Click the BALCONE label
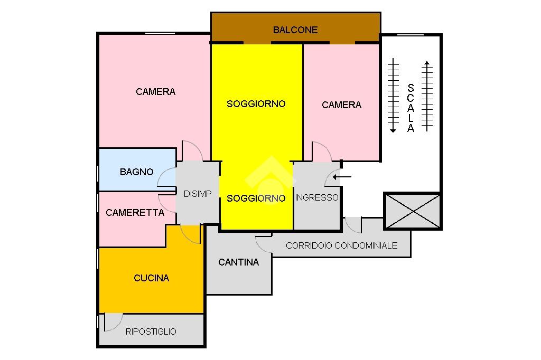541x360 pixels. [x=295, y=30]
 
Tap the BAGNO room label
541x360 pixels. [x=136, y=172]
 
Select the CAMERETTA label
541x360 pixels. [x=135, y=213]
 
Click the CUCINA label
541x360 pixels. [x=151, y=278]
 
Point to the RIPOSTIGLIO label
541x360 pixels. [x=151, y=331]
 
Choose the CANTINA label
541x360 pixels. [x=238, y=262]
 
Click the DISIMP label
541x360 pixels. [x=197, y=194]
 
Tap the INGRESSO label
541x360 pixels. [x=316, y=197]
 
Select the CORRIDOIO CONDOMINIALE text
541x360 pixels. [x=341, y=245]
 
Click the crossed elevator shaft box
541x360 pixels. [x=413, y=211]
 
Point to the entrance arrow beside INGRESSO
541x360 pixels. [x=343, y=177]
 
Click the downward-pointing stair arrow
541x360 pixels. [x=393, y=95]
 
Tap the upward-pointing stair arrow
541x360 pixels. [x=427, y=95]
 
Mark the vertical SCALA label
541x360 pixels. [x=411, y=108]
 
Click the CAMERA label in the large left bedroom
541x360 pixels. [x=155, y=92]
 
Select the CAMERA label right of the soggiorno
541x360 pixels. [x=341, y=105]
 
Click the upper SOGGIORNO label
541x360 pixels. [x=256, y=104]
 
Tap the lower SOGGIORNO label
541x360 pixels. [x=256, y=198]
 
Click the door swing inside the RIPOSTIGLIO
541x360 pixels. [x=113, y=321]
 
